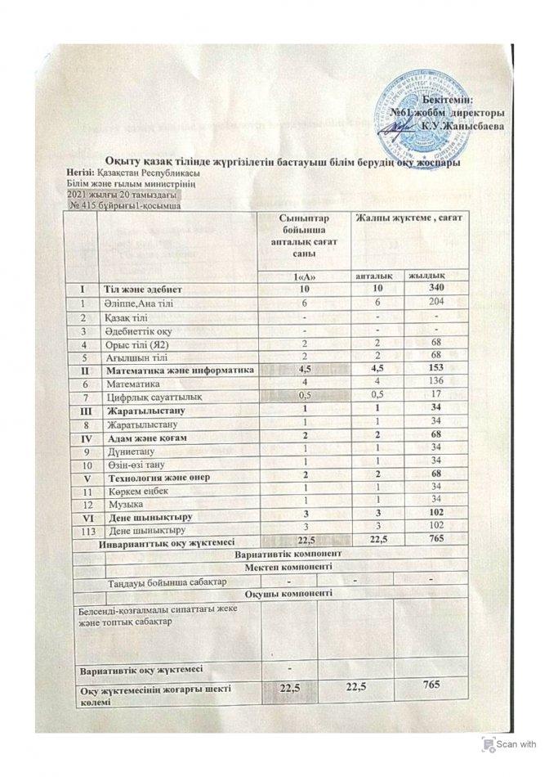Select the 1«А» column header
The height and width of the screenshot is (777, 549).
[x=302, y=276]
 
